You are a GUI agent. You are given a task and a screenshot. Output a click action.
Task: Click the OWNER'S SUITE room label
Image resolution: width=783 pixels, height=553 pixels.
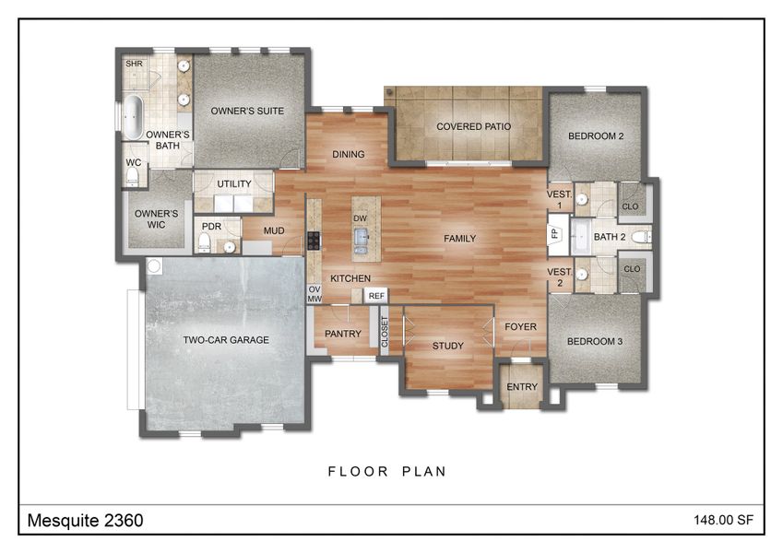point(246,111)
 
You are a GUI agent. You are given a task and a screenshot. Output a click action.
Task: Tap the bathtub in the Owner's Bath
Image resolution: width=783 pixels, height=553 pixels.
point(134,116)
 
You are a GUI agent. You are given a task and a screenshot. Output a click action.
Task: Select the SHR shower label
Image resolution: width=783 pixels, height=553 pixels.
point(135,64)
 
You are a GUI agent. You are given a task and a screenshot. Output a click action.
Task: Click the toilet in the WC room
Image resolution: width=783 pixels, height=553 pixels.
point(133,175)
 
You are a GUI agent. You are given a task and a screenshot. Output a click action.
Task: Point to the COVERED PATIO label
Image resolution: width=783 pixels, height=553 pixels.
point(474,126)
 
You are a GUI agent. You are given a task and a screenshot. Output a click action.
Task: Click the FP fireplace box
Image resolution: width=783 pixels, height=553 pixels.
point(555,233)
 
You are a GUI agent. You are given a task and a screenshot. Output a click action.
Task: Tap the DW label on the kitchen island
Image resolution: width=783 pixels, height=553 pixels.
point(360,218)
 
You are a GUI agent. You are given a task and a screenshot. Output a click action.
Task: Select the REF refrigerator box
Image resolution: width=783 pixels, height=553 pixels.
point(375,296)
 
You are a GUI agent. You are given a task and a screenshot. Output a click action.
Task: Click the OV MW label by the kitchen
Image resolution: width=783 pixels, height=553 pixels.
point(314,294)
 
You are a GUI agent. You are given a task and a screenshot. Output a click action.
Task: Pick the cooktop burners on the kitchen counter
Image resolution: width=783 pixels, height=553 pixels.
point(314,241)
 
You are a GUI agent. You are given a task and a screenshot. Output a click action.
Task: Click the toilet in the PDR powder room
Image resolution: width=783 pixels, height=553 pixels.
point(204,242)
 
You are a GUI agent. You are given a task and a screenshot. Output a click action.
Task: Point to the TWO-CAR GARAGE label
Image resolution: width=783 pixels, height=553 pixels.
point(226,340)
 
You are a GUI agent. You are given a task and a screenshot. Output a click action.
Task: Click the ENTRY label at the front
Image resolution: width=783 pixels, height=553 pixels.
point(522,386)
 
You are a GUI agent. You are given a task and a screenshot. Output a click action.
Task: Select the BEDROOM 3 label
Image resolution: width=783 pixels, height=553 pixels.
point(595,341)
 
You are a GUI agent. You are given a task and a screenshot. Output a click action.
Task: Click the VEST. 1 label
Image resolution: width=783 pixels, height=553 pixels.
point(560,199)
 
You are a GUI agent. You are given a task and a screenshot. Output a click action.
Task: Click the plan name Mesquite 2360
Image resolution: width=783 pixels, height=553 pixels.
point(84,521)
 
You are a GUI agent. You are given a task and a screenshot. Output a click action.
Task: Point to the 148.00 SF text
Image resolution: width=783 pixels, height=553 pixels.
point(724,521)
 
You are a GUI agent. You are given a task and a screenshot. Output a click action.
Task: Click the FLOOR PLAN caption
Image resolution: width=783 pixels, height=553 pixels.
point(387,471)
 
